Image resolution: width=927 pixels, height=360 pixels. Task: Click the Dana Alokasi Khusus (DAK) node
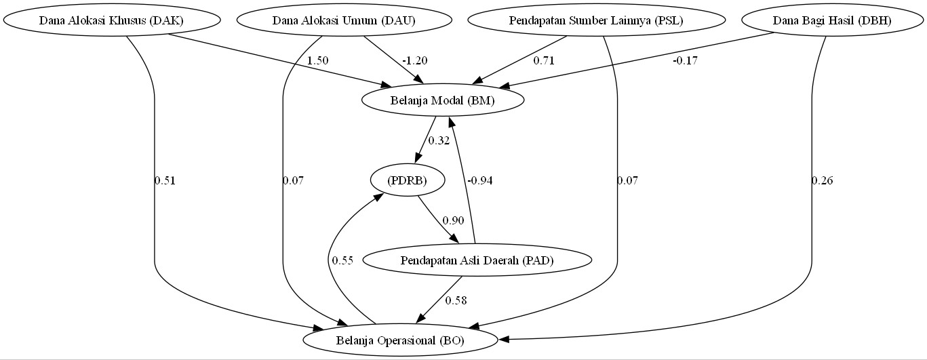[111, 20]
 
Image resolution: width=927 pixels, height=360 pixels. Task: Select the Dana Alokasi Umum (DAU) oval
[344, 20]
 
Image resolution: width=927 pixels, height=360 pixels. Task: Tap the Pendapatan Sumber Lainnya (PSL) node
[596, 20]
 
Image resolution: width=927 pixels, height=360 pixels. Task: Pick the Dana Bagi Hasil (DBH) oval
[832, 20]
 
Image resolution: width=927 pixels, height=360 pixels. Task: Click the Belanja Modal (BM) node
[443, 101]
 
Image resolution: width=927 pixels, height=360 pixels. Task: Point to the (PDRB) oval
[408, 180]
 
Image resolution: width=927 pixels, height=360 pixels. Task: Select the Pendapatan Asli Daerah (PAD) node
[477, 260]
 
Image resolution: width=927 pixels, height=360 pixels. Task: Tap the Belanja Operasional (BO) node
[400, 340]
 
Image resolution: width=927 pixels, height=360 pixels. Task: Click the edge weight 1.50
[317, 60]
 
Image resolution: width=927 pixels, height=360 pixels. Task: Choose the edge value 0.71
[543, 60]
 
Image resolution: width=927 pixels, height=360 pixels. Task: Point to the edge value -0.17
[685, 60]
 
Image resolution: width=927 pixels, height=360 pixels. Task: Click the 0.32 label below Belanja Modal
[439, 141]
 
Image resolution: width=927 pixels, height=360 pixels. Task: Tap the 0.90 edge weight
[453, 220]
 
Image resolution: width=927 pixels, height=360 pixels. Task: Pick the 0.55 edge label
[342, 260]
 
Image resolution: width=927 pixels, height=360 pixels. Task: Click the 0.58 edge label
[456, 300]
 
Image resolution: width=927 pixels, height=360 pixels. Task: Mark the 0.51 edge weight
[165, 180]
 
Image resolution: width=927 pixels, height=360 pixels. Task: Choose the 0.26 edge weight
[822, 180]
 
